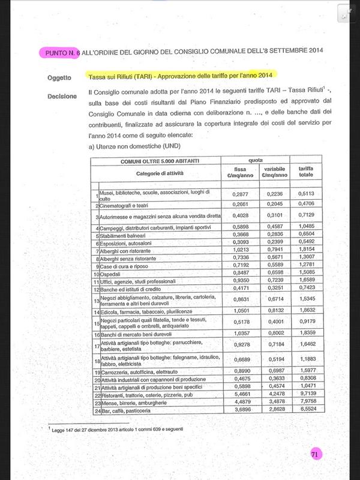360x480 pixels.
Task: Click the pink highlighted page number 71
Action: point(314,455)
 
